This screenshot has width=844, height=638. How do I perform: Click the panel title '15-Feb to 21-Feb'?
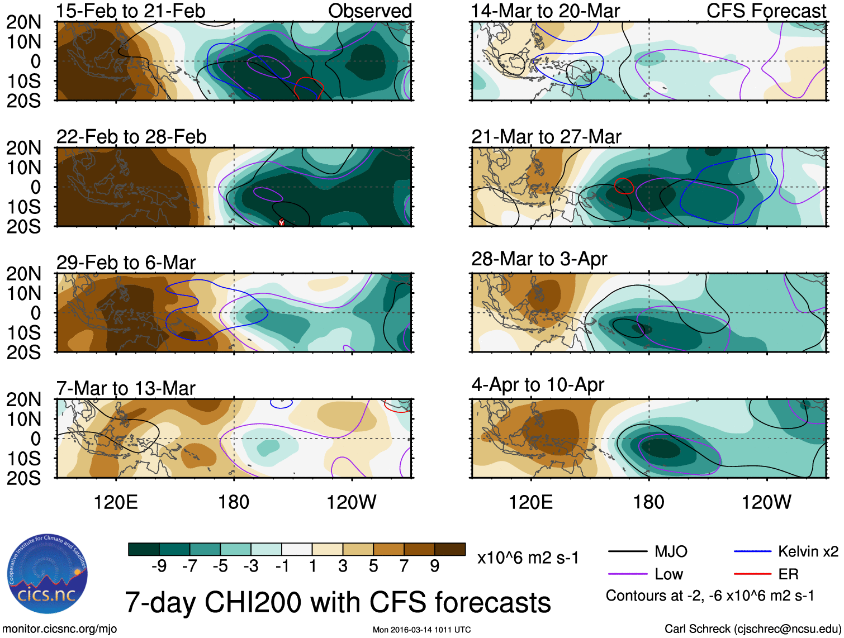click(x=131, y=11)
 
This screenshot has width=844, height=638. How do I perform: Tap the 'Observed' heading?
click(x=369, y=11)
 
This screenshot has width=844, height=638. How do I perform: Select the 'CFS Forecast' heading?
click(x=766, y=11)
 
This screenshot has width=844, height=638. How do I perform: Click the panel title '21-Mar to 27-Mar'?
click(x=546, y=137)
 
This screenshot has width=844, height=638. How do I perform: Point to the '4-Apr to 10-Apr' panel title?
click(x=538, y=385)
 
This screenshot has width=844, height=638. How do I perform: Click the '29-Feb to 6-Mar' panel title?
click(x=126, y=263)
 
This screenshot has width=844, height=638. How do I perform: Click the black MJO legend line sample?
click(x=627, y=552)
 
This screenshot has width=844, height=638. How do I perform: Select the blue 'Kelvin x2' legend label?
click(x=808, y=552)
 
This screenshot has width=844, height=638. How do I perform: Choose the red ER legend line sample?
click(x=752, y=574)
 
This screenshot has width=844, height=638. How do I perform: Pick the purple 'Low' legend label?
click(x=668, y=574)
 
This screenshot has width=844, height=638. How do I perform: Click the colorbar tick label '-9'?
click(x=159, y=566)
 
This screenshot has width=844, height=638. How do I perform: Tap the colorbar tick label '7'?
click(x=404, y=566)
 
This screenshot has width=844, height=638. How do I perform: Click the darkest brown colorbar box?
click(x=450, y=549)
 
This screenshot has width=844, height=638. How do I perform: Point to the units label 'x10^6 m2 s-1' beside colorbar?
click(x=528, y=558)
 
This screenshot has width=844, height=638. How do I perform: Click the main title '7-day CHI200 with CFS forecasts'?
click(x=338, y=602)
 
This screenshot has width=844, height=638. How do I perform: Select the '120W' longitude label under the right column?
click(x=766, y=502)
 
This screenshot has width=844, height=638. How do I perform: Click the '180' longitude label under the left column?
click(x=234, y=502)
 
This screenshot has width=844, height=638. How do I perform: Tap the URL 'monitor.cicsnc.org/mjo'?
click(x=60, y=629)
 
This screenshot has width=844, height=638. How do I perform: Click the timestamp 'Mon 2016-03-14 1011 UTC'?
click(x=421, y=630)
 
